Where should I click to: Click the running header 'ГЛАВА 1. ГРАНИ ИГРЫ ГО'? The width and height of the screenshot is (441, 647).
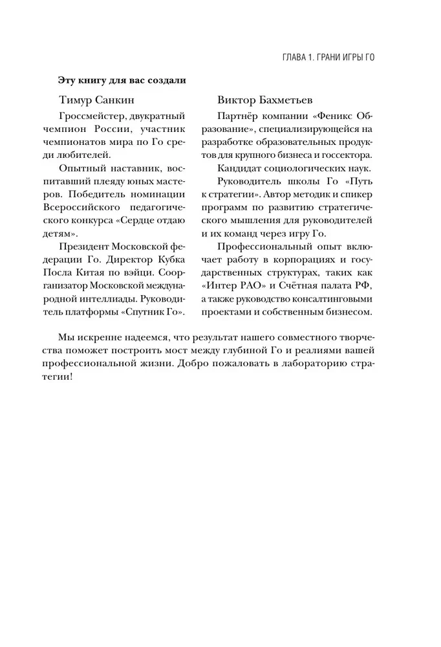point(320,57)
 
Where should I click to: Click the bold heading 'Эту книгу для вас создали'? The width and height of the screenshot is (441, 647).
point(122,80)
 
